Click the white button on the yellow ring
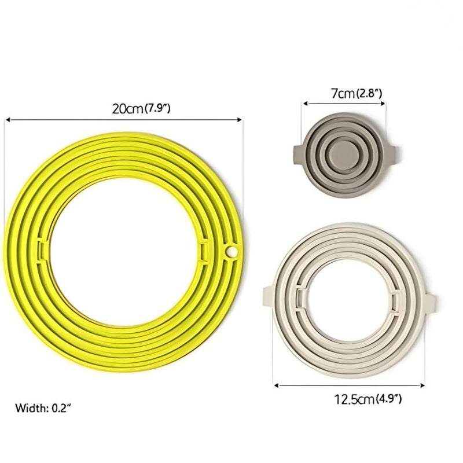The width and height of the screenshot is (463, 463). click(231, 252)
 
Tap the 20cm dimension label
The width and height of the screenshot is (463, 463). click(127, 109)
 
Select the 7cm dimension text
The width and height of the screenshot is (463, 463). click(343, 94)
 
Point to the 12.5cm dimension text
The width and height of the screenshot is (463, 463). click(354, 399)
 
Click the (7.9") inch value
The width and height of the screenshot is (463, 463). click(157, 109)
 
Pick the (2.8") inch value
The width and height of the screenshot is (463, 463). click(369, 94)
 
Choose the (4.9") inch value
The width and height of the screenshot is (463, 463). click(388, 399)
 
